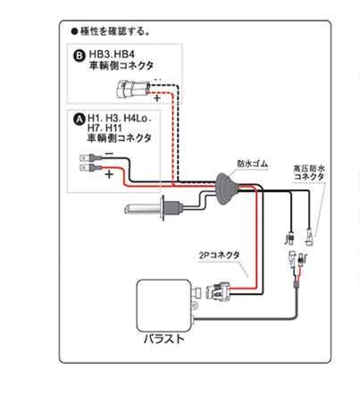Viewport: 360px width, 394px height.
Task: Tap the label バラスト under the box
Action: pos(163,339)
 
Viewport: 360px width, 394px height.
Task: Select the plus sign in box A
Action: pos(108,176)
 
